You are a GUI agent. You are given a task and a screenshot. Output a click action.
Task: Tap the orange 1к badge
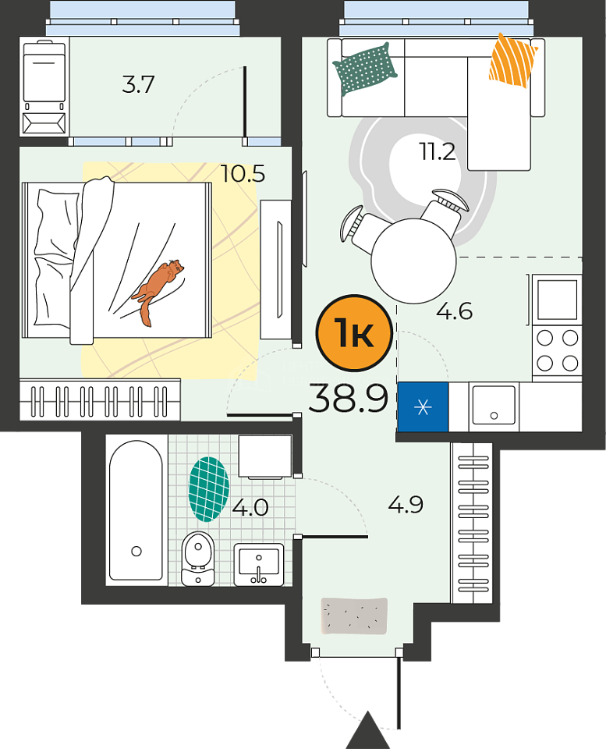coord(354,333)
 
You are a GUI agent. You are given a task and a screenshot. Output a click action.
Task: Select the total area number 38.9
coord(348,399)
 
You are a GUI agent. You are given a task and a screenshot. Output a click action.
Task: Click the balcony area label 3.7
coord(138,84)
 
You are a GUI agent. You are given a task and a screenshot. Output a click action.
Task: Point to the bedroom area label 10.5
coord(243,174)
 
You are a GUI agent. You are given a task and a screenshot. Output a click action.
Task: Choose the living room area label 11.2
coord(438,152)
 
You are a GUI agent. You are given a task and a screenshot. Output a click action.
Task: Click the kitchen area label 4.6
coord(454,311)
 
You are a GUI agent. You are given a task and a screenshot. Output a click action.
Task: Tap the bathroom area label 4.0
coord(250,507)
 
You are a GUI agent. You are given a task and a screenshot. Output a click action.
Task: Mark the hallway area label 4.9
coord(406,505)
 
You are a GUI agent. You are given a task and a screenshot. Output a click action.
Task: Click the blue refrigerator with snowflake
coord(423,407)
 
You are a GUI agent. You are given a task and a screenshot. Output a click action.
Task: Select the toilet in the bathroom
coord(197,559)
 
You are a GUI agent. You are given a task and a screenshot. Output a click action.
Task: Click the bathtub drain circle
coord(136,552)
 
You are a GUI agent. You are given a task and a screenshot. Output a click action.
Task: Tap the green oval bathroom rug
coord(209,489)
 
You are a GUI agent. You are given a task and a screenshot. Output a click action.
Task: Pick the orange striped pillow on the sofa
coord(512,61)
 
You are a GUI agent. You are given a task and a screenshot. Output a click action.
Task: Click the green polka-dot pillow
coord(365,69)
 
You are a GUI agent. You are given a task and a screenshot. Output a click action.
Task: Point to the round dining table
coord(413,261)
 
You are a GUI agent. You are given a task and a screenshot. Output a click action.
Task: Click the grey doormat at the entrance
coord(354,616)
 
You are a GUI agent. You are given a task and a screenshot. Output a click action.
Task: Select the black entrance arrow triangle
coord(367,730)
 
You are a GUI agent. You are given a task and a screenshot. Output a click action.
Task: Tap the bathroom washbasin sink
coord(259,564)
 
